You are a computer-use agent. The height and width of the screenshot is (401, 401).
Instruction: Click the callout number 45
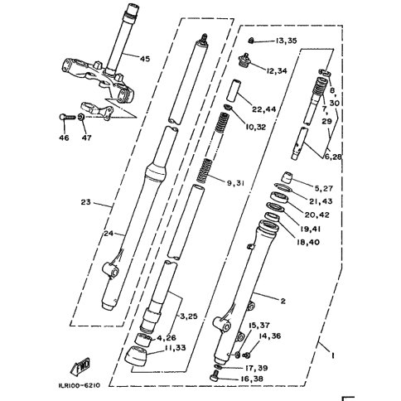coord(145,59)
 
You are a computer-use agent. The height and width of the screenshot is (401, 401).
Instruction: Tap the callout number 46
coord(64,138)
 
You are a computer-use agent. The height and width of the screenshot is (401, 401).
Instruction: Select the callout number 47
coord(86,138)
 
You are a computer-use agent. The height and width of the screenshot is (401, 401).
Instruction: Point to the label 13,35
coord(286,41)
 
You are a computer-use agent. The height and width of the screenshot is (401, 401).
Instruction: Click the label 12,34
coord(277,71)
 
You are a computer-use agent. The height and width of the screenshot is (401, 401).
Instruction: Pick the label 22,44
coord(263,109)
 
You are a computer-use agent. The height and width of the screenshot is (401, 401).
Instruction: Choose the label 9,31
coord(236,183)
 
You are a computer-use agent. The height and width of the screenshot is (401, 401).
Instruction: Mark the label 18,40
coord(308,242)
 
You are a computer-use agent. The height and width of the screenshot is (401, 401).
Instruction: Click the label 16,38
coord(251,379)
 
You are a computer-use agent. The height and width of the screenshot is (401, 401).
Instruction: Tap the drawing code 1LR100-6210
coord(79,385)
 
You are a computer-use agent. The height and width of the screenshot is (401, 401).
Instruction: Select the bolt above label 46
coord(68,117)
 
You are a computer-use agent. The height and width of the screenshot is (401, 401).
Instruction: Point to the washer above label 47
coord(81,117)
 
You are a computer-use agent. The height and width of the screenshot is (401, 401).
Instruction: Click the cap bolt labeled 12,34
coord(244,60)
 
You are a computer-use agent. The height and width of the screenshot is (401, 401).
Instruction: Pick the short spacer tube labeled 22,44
coord(234,91)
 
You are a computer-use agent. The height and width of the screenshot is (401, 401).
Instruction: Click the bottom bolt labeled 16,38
coord(215,377)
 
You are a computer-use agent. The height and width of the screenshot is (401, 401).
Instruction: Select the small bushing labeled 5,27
coord(287,177)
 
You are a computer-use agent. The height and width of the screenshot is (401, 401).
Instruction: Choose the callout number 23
coord(85,202)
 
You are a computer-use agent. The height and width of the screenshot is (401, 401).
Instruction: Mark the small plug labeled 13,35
coord(251,41)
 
